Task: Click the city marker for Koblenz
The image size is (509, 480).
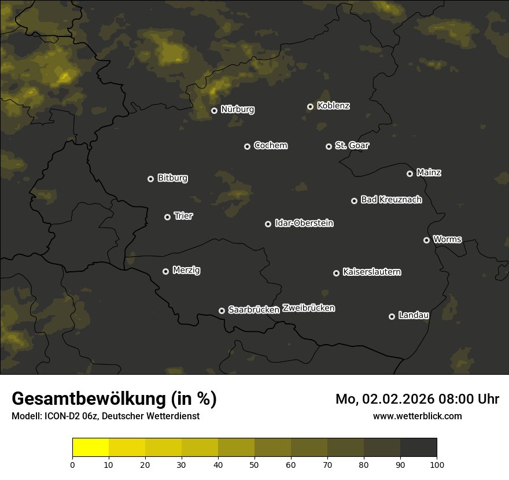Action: click(x=310, y=106)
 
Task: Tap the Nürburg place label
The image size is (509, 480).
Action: click(x=237, y=110)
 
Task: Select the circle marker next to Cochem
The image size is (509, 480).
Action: click(x=247, y=146)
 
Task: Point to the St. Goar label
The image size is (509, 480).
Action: click(x=352, y=146)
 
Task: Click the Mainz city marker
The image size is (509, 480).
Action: click(x=410, y=173)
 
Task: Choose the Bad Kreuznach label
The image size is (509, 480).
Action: click(x=391, y=200)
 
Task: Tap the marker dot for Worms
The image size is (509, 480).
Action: click(x=426, y=240)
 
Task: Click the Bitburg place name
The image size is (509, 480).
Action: click(x=172, y=178)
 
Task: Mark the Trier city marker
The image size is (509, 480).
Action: click(x=167, y=217)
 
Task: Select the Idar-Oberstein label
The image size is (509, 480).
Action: click(x=304, y=223)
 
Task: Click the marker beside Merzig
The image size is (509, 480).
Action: click(x=165, y=271)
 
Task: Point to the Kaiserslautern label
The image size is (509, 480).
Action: click(x=371, y=272)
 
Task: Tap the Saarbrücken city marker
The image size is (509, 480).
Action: click(x=222, y=311)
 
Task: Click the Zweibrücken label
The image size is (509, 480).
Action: click(x=308, y=308)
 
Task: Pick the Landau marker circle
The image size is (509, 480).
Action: click(x=392, y=316)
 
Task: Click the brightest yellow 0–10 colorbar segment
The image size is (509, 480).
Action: click(x=91, y=447)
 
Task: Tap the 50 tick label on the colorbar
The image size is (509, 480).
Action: click(x=254, y=464)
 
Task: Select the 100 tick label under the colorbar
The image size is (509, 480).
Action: click(x=436, y=464)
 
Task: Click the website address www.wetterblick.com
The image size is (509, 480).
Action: click(x=417, y=416)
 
